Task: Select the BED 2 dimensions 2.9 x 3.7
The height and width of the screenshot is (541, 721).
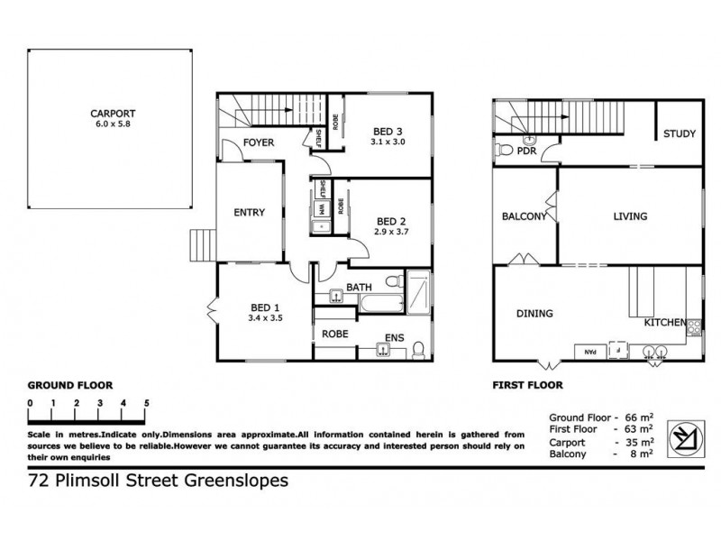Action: click(x=392, y=232)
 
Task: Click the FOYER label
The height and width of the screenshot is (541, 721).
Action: click(x=259, y=143)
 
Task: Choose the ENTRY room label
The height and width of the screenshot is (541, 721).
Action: click(x=249, y=213)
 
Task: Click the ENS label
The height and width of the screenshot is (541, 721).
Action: click(x=394, y=339)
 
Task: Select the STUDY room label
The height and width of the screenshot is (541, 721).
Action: click(x=679, y=134)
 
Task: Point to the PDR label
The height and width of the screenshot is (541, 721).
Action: click(x=526, y=151)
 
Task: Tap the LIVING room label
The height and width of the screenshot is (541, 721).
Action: click(x=631, y=216)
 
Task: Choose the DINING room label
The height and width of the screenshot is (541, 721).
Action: click(x=534, y=314)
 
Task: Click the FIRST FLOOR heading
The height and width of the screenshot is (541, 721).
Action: click(x=527, y=384)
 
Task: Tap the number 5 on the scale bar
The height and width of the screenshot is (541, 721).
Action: click(x=146, y=403)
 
